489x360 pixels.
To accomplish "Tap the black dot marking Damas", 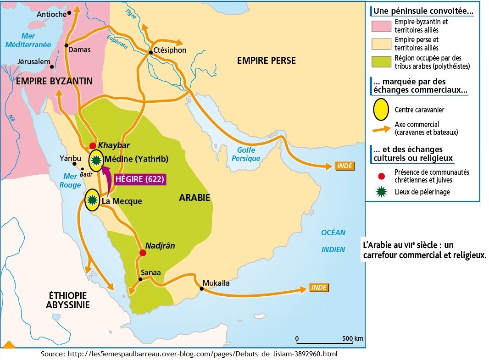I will coord(67,45).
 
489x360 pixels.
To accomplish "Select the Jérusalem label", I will coord(33,61).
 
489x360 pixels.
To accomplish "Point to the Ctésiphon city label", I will coord(170,50).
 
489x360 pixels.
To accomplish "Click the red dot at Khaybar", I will coord(93,145).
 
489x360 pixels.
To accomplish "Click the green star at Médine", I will coord(96,160).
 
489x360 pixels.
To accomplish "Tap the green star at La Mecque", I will coord(92,199).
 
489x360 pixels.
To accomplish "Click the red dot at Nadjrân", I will coord(143,253).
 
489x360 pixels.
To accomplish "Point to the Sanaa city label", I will coord(151,272).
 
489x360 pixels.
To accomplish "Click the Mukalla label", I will coord(216,283).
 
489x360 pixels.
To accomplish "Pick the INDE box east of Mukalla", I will coord(319,288).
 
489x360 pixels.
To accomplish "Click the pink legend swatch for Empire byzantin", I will coord(382,25).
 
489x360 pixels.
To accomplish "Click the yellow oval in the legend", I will coord(380,110).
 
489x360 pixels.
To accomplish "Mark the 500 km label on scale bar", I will coord(353,338).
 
